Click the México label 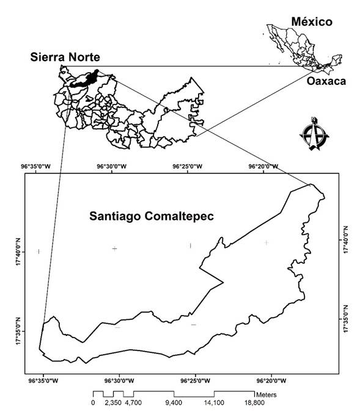(x=311, y=22)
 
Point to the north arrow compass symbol (x=312, y=134)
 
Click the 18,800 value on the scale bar (x=254, y=403)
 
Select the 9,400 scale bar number (x=174, y=403)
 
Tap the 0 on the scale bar (x=93, y=403)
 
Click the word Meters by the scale (x=268, y=394)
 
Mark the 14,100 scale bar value (x=214, y=403)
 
